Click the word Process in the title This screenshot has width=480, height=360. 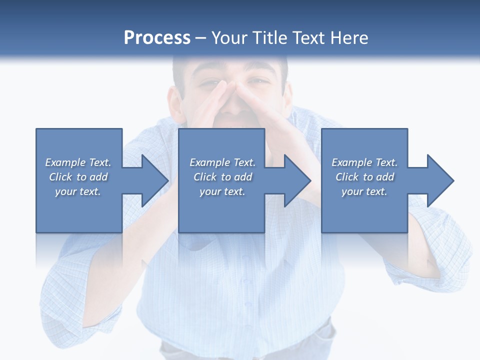pyautogui.click(x=157, y=37)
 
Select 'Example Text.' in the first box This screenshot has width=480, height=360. pyautogui.click(x=78, y=162)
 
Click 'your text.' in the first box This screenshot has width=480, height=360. pyautogui.click(x=78, y=191)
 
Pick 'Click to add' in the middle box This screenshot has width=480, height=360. pyautogui.click(x=222, y=177)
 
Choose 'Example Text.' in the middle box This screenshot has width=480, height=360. pyautogui.click(x=222, y=162)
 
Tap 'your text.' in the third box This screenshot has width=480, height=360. pyautogui.click(x=364, y=191)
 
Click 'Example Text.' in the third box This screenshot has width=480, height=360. pyautogui.click(x=364, y=162)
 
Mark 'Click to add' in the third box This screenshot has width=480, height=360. pyautogui.click(x=364, y=177)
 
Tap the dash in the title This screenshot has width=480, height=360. pyautogui.click(x=201, y=38)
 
